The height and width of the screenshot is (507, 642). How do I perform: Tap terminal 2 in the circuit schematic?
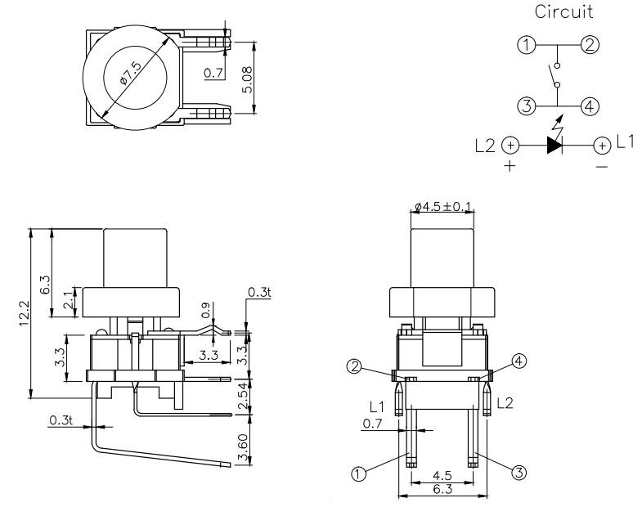click(589, 44)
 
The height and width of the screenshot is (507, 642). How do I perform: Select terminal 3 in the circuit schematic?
click(528, 105)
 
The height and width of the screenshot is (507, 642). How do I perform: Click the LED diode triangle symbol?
click(554, 146)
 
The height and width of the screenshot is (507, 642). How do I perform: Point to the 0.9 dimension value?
click(205, 312)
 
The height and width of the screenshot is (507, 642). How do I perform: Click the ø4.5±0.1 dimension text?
click(443, 208)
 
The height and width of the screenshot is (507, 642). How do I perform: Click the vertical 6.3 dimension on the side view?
click(45, 284)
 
